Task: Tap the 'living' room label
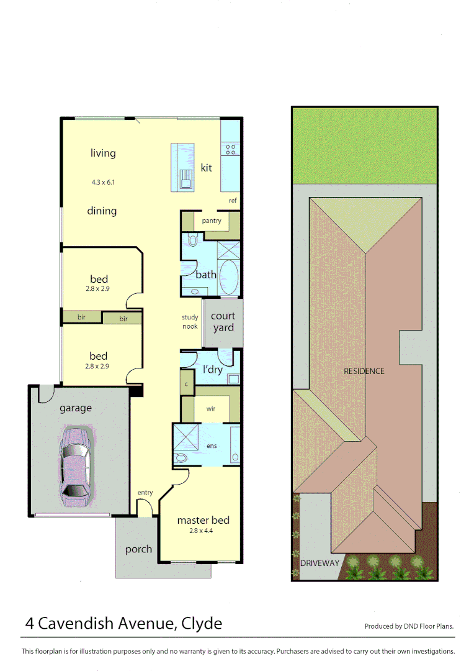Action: pyautogui.click(x=103, y=153)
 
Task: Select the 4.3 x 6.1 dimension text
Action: pyautogui.click(x=103, y=183)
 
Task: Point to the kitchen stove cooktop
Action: pyautogui.click(x=231, y=149)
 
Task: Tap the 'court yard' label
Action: pyautogui.click(x=223, y=322)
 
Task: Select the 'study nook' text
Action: pyautogui.click(x=190, y=322)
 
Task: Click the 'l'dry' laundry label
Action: pyautogui.click(x=212, y=370)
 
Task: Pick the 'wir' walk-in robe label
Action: pyautogui.click(x=211, y=409)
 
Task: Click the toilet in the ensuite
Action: pyautogui.click(x=181, y=458)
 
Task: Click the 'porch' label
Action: pyautogui.click(x=138, y=549)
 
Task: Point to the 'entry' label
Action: pyautogui.click(x=145, y=493)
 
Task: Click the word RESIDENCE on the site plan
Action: pyautogui.click(x=364, y=371)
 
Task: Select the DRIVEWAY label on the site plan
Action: pyautogui.click(x=320, y=563)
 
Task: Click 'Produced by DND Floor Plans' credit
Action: pyautogui.click(x=408, y=626)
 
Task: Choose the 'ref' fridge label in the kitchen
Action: pyautogui.click(x=233, y=201)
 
